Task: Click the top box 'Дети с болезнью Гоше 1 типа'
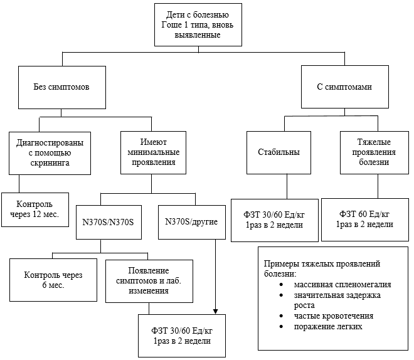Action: point(198,25)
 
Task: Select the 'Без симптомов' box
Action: point(62,87)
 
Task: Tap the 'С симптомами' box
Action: point(345,87)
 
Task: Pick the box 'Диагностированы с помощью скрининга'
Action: point(50,153)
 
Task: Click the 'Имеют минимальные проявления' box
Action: point(154,152)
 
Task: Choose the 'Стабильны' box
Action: point(279,152)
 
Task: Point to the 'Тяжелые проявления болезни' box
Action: point(374,152)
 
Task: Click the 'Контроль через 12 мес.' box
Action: point(35,209)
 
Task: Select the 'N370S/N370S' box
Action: point(109,222)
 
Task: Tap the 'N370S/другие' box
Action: point(192,222)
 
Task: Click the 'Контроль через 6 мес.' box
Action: point(53,280)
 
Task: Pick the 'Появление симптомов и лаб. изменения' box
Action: point(149,281)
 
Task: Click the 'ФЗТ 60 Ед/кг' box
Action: point(365,220)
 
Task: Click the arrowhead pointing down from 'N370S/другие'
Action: point(215,312)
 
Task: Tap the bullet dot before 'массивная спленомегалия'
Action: point(281,285)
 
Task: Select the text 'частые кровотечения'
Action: point(334,316)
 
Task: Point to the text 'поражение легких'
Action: point(328,327)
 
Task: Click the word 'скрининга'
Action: point(50,163)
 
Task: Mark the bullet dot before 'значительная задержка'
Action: point(281,295)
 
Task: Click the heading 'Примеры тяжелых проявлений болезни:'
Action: point(322,268)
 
